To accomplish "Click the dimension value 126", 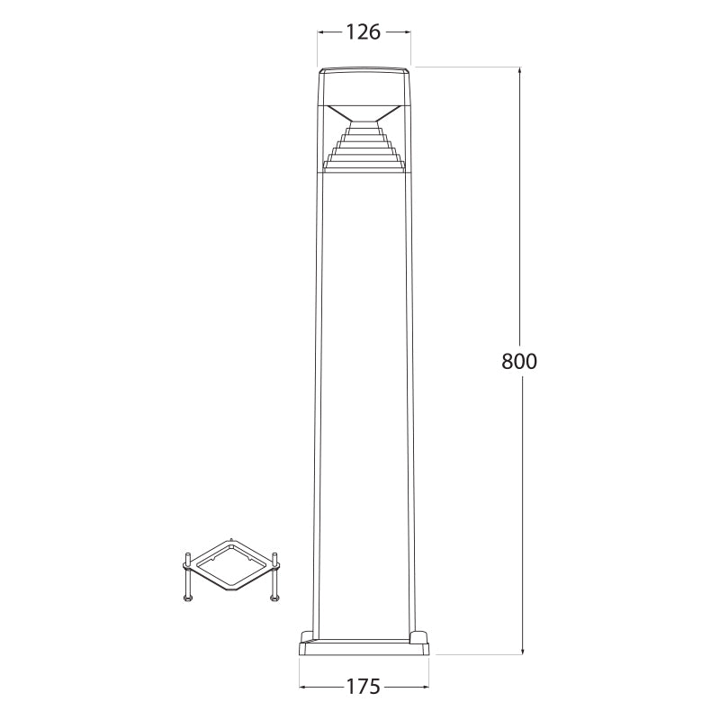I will click(364, 32).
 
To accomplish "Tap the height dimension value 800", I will click(519, 362).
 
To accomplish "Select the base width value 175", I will click(364, 687).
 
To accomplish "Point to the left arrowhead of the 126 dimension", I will click(321, 32).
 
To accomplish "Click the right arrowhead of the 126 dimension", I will click(407, 32).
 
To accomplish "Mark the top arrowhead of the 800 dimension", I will click(522, 72).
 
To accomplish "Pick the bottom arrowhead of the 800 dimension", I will click(522, 650).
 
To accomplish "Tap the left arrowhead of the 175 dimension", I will click(303, 687).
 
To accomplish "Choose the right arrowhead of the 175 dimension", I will click(425, 687).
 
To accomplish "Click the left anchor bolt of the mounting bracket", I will click(186, 577).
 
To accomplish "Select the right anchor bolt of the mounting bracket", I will click(274, 577).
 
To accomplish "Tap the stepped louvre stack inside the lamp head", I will click(364, 146).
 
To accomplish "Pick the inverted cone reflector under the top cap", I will click(364, 113).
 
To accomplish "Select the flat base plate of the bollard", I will click(364, 647).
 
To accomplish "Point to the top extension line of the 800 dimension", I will click(468, 67).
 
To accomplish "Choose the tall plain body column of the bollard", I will click(364, 396).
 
